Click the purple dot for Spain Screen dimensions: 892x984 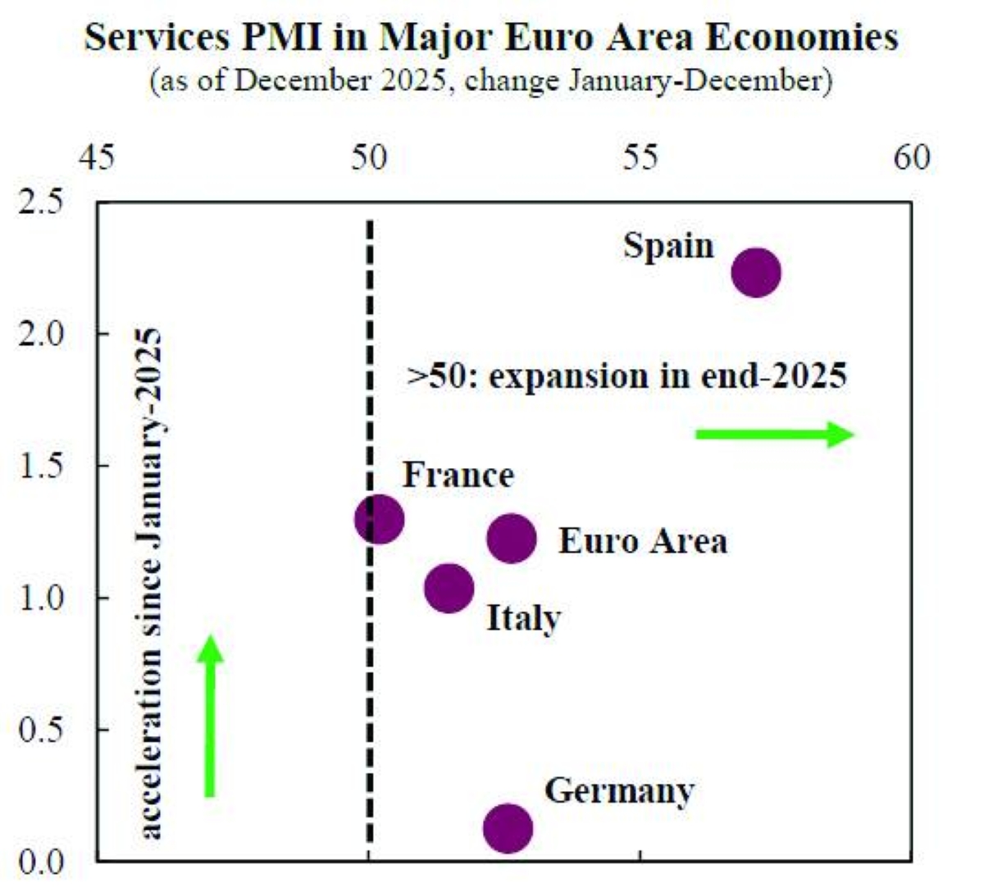pos(755,272)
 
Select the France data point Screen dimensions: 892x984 pos(379,519)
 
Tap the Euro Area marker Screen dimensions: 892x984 pos(512,539)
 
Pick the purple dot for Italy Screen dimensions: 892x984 pos(449,588)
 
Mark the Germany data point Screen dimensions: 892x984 pos(508,828)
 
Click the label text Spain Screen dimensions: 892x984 pos(668,246)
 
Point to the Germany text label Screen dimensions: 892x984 pos(619,791)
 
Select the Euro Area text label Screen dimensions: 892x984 pos(643,541)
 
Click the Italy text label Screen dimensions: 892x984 pos(523,618)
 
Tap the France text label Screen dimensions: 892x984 pos(458,475)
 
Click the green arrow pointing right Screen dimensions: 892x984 pos(775,435)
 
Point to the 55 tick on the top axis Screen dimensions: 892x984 pos(640,157)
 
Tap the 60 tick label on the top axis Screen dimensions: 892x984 pos(911,157)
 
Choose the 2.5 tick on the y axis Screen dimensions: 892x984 pos(41,202)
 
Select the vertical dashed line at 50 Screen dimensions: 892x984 pos(370,656)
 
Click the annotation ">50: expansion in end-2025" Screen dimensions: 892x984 pos(627,376)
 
